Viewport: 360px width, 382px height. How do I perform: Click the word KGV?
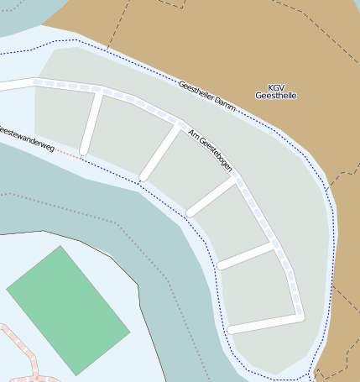pyautogui.click(x=276, y=87)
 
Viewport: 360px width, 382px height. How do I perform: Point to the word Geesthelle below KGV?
pyautogui.click(x=276, y=96)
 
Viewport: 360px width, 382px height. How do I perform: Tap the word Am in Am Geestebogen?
pyautogui.click(x=193, y=134)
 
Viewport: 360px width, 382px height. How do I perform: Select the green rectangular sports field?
pyautogui.click(x=68, y=310)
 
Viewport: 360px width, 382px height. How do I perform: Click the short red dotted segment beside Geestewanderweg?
pyautogui.click(x=70, y=154)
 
